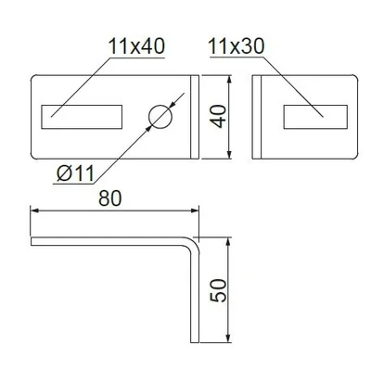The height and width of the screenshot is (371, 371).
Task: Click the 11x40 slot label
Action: point(136,46)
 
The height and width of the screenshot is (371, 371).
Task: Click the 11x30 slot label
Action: point(237,46)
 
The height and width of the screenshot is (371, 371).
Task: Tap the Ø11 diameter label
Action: point(75,173)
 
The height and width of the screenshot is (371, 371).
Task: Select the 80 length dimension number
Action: point(110,198)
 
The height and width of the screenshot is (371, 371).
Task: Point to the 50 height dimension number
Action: point(218,290)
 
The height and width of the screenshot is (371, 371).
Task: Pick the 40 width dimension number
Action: point(218,117)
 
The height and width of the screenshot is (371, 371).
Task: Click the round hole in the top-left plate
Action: point(160,117)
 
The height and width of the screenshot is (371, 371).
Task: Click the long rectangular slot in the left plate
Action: point(82,117)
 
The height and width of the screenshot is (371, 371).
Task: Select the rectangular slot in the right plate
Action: point(315,117)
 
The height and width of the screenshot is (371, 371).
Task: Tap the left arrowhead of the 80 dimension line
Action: point(34,211)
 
